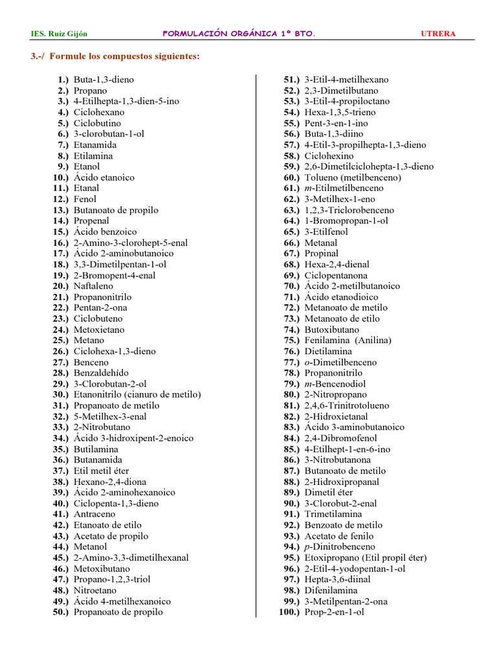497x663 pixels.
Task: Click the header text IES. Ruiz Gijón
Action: coord(59,34)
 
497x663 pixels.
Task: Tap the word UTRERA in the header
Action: coord(438,34)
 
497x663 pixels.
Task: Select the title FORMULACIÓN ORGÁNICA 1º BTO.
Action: coord(238,34)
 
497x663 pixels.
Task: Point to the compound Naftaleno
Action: coord(93,286)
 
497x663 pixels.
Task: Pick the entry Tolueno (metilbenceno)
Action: coord(353,177)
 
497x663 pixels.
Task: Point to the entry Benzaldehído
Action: coord(101,373)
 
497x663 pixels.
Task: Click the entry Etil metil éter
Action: coord(101,471)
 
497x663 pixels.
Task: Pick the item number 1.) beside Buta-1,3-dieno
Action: coord(63,80)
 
